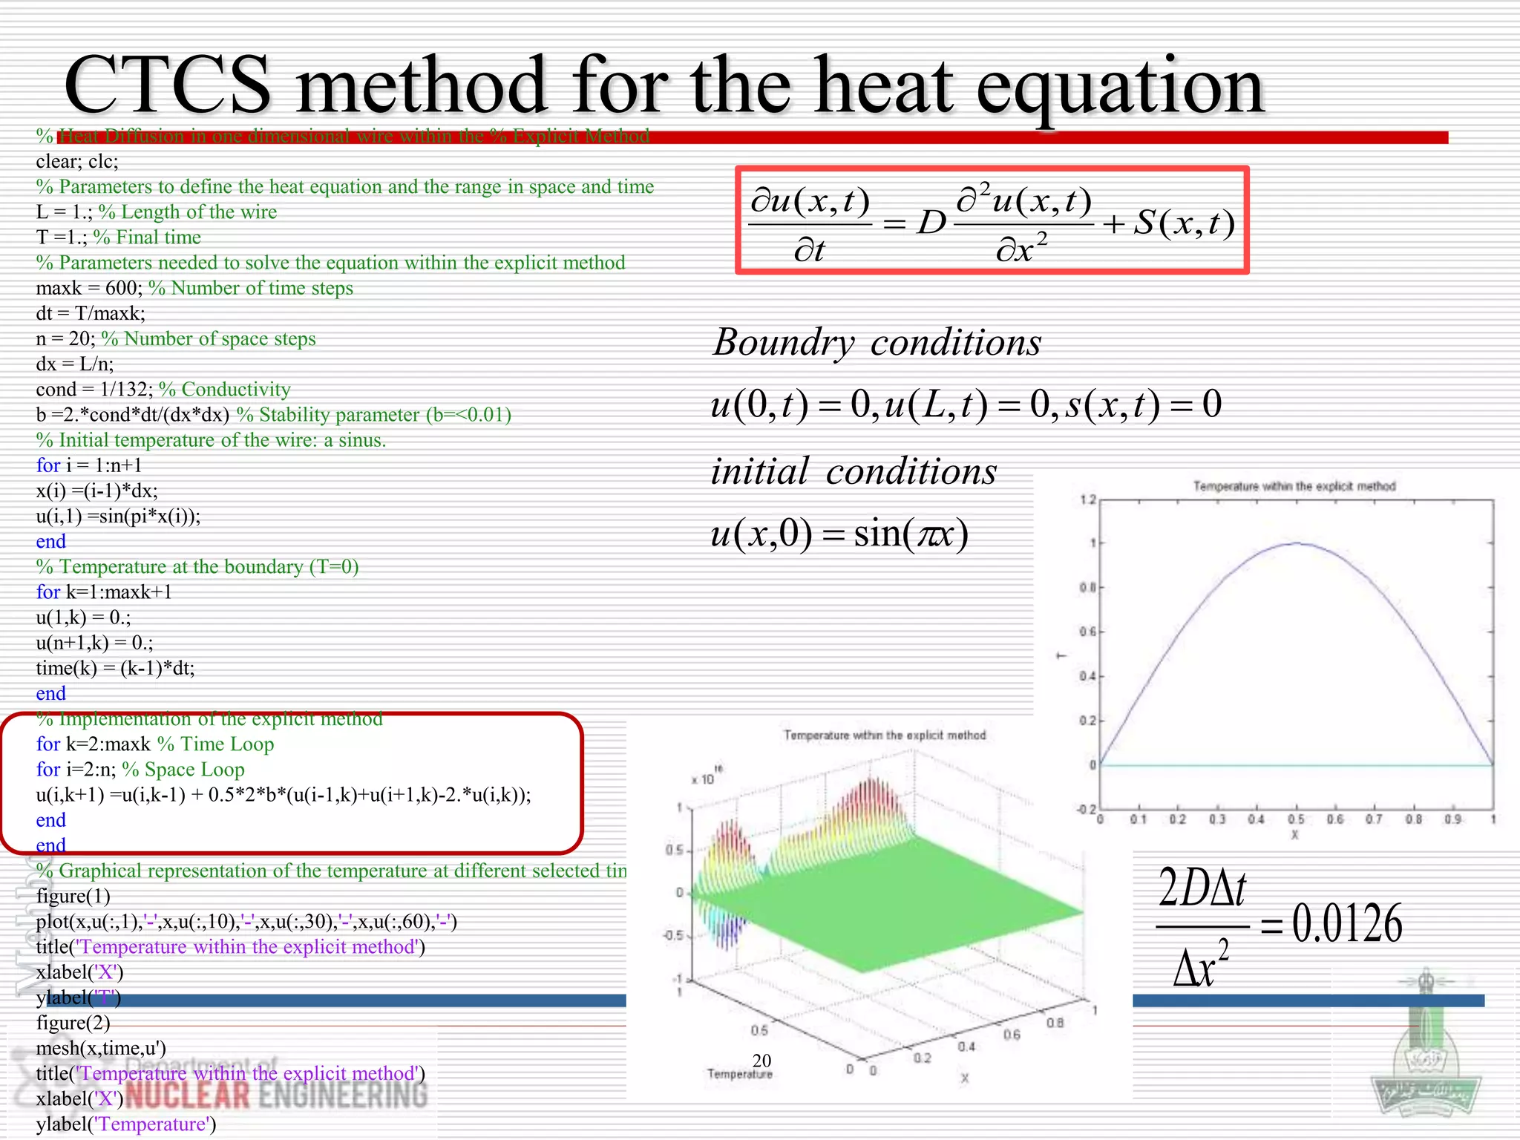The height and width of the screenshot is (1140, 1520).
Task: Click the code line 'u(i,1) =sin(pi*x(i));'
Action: click(x=118, y=516)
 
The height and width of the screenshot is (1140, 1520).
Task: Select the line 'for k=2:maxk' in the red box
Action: click(x=93, y=744)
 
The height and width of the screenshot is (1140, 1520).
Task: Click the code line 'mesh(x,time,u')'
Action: click(x=101, y=1048)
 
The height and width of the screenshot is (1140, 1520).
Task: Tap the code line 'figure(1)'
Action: click(x=73, y=896)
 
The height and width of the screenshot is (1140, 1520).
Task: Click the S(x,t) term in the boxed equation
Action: click(x=1184, y=222)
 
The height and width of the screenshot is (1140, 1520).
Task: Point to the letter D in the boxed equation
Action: click(x=931, y=222)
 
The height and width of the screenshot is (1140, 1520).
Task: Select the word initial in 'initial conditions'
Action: click(x=759, y=472)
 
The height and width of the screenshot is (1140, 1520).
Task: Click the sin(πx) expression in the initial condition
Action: click(x=911, y=534)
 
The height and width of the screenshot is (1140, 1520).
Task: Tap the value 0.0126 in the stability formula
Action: click(x=1346, y=924)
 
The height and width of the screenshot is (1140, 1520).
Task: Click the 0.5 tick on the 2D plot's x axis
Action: click(x=1296, y=819)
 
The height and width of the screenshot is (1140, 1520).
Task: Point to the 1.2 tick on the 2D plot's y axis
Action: click(x=1087, y=500)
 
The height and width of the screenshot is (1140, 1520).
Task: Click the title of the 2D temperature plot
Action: click(x=1294, y=487)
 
